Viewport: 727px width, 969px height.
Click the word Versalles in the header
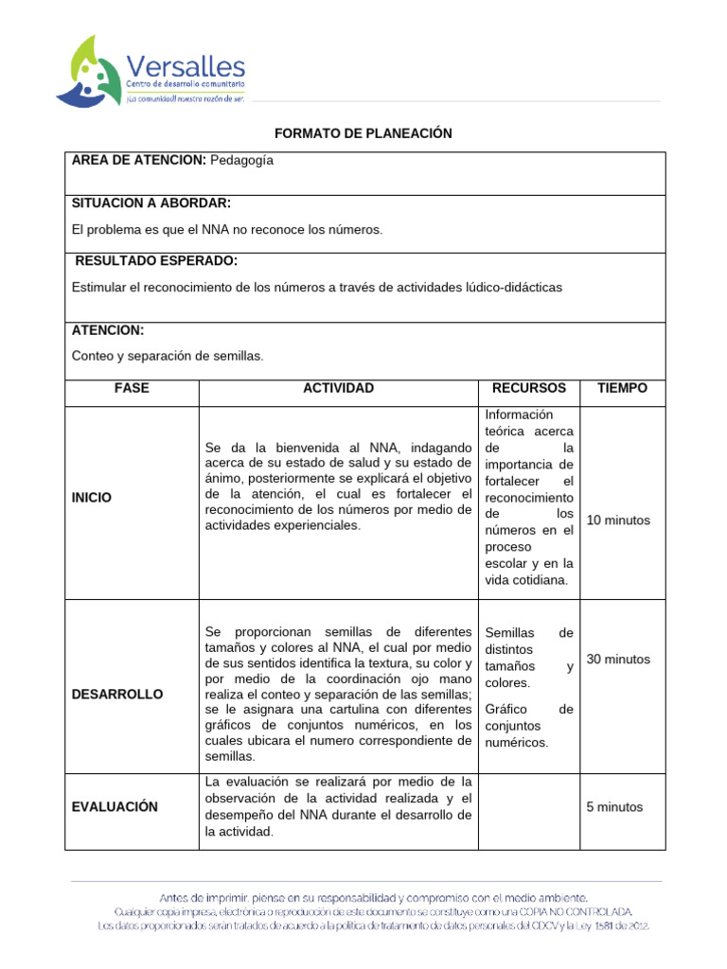(x=186, y=66)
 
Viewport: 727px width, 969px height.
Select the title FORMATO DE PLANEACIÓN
(x=363, y=133)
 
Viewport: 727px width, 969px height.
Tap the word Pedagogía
(x=241, y=160)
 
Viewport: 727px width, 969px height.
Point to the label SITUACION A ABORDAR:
(x=151, y=203)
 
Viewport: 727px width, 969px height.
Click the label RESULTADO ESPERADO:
(x=155, y=260)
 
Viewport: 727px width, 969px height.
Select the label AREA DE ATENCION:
(x=138, y=160)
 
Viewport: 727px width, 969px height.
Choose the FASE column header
(x=132, y=388)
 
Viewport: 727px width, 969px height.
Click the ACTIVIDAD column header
(x=338, y=388)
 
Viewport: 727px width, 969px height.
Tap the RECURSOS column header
(x=529, y=388)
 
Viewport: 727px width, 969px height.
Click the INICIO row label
(x=92, y=497)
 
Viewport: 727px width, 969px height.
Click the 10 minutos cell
(x=618, y=520)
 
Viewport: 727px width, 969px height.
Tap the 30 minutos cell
(x=618, y=659)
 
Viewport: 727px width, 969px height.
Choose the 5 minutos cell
(x=614, y=807)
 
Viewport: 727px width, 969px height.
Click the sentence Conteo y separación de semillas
(x=168, y=356)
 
